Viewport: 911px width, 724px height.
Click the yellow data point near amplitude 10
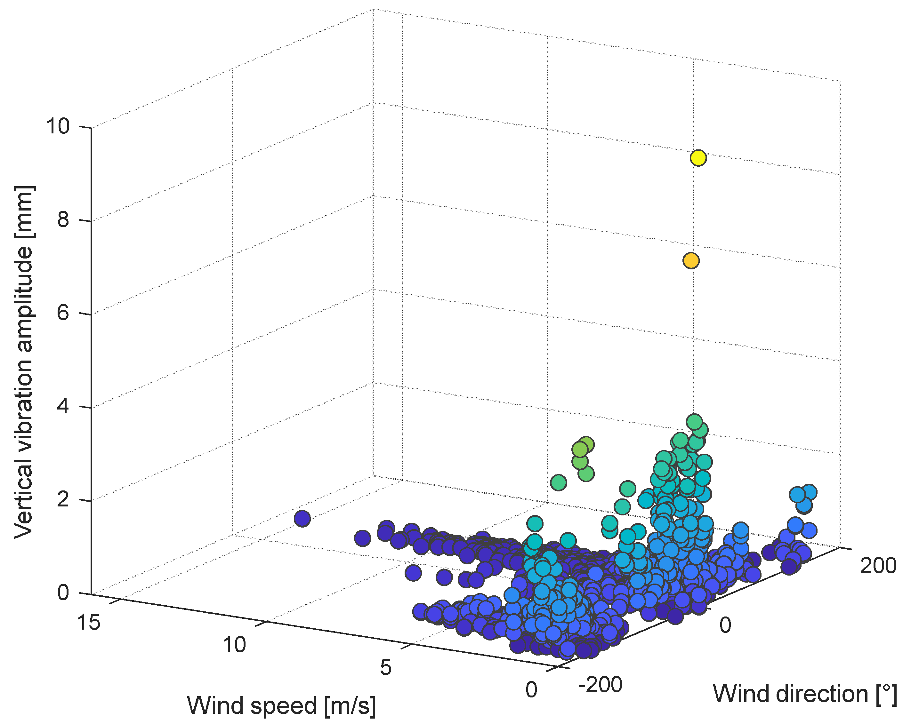click(698, 158)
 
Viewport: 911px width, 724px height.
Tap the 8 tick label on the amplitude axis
click(63, 220)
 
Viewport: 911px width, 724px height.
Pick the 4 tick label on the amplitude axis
click(63, 406)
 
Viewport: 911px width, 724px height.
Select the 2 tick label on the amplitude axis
click(63, 500)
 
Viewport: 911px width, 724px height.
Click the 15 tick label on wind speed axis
click(89, 622)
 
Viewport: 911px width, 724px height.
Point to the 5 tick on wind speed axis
click(385, 668)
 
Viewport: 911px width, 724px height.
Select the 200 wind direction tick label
click(878, 566)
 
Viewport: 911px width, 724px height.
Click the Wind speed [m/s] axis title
click(281, 706)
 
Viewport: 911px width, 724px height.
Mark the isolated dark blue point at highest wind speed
click(302, 518)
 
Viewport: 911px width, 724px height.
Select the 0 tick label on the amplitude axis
click(63, 593)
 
